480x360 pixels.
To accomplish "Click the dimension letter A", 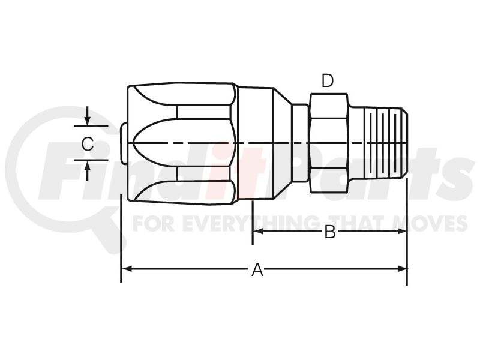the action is click(x=257, y=269).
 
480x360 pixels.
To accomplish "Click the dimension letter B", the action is click(x=329, y=232).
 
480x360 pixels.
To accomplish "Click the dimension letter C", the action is click(x=88, y=144).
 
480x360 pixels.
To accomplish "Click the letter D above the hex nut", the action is click(x=328, y=81).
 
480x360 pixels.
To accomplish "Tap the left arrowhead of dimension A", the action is click(x=127, y=269).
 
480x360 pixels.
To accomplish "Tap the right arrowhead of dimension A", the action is click(x=402, y=269).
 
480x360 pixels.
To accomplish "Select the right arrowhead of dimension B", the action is click(x=401, y=232).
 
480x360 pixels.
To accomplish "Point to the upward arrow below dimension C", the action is click(x=88, y=171).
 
